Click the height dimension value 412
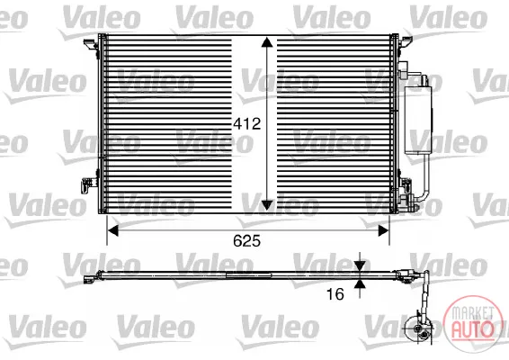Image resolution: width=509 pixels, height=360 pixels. (246, 124)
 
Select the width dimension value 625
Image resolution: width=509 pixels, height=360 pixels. (246, 241)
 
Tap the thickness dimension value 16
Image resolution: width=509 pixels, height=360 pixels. (335, 294)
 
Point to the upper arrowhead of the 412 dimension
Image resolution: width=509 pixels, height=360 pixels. (267, 42)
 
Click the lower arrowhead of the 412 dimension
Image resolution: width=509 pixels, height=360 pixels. (267, 205)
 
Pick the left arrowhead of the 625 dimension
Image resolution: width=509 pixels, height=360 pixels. (113, 231)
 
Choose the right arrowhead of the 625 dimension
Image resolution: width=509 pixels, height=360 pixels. (384, 231)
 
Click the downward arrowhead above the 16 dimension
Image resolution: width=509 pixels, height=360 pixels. (360, 266)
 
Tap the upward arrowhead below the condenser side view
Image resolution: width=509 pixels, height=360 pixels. (360, 284)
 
